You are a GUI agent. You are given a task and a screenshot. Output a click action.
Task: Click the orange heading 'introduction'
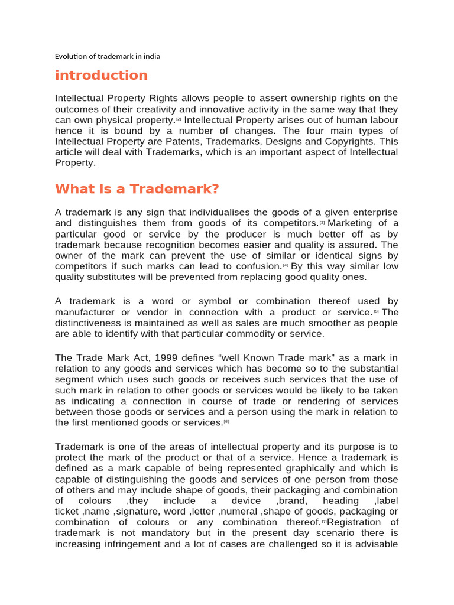tap(101, 76)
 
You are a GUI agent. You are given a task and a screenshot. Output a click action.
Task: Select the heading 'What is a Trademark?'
tap(137, 189)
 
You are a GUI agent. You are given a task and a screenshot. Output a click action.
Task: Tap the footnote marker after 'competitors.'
tap(322, 223)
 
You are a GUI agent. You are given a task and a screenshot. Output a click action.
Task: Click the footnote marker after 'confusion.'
tap(285, 265)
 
